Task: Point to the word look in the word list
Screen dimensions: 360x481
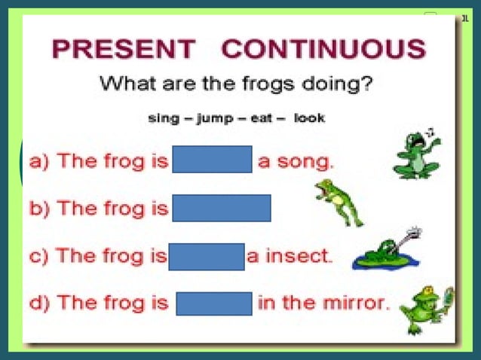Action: [309, 118]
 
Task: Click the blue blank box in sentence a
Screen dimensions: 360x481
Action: [212, 160]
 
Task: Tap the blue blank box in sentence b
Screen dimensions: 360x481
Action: [221, 208]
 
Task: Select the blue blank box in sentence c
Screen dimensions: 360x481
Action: [207, 256]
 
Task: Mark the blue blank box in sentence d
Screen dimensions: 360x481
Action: [214, 304]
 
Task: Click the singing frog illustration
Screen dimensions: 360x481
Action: [417, 154]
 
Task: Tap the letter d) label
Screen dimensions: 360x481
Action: [38, 304]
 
